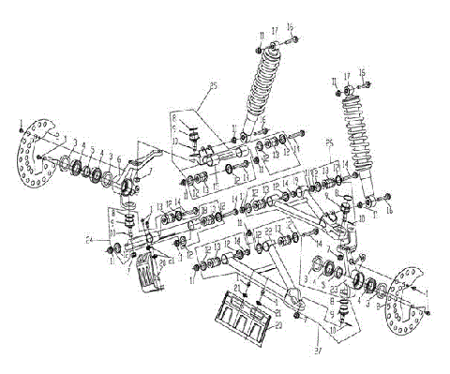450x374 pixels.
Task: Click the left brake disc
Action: click(37, 152)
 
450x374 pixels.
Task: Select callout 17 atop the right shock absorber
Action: click(348, 75)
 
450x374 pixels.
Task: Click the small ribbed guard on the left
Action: click(147, 281)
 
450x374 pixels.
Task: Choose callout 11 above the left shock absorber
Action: click(259, 35)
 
